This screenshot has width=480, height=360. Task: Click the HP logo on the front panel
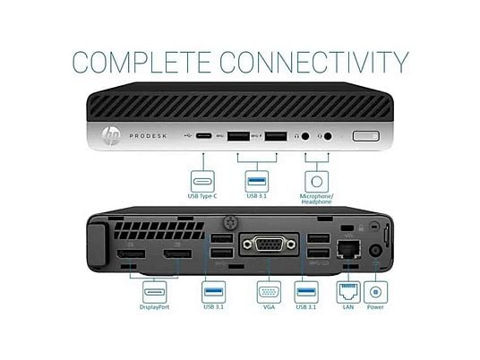(x=111, y=135)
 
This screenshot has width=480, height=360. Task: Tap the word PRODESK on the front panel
(x=148, y=136)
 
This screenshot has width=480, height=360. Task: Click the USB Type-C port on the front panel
(x=203, y=135)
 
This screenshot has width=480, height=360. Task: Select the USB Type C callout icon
(x=202, y=182)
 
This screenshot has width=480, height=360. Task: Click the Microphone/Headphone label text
(x=316, y=199)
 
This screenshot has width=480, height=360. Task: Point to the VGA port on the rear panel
(x=269, y=244)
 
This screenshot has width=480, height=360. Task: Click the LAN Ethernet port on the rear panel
(x=348, y=250)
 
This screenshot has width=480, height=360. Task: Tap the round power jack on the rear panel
(x=375, y=251)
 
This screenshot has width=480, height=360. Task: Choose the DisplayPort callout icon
(x=155, y=292)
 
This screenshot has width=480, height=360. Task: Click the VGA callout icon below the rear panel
(x=269, y=292)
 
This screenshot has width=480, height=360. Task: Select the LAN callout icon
(x=348, y=292)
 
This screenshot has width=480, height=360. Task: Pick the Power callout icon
(x=375, y=292)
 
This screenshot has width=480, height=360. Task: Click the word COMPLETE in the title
(x=141, y=62)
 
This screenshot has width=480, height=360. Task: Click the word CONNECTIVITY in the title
(x=314, y=62)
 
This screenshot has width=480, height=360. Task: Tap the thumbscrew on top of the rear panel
(x=230, y=223)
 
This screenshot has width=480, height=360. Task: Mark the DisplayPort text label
(x=154, y=307)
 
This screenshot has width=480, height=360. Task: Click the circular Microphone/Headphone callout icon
(x=316, y=182)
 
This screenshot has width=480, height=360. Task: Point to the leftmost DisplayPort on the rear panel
(x=131, y=253)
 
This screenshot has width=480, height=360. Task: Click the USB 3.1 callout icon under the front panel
(x=257, y=182)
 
